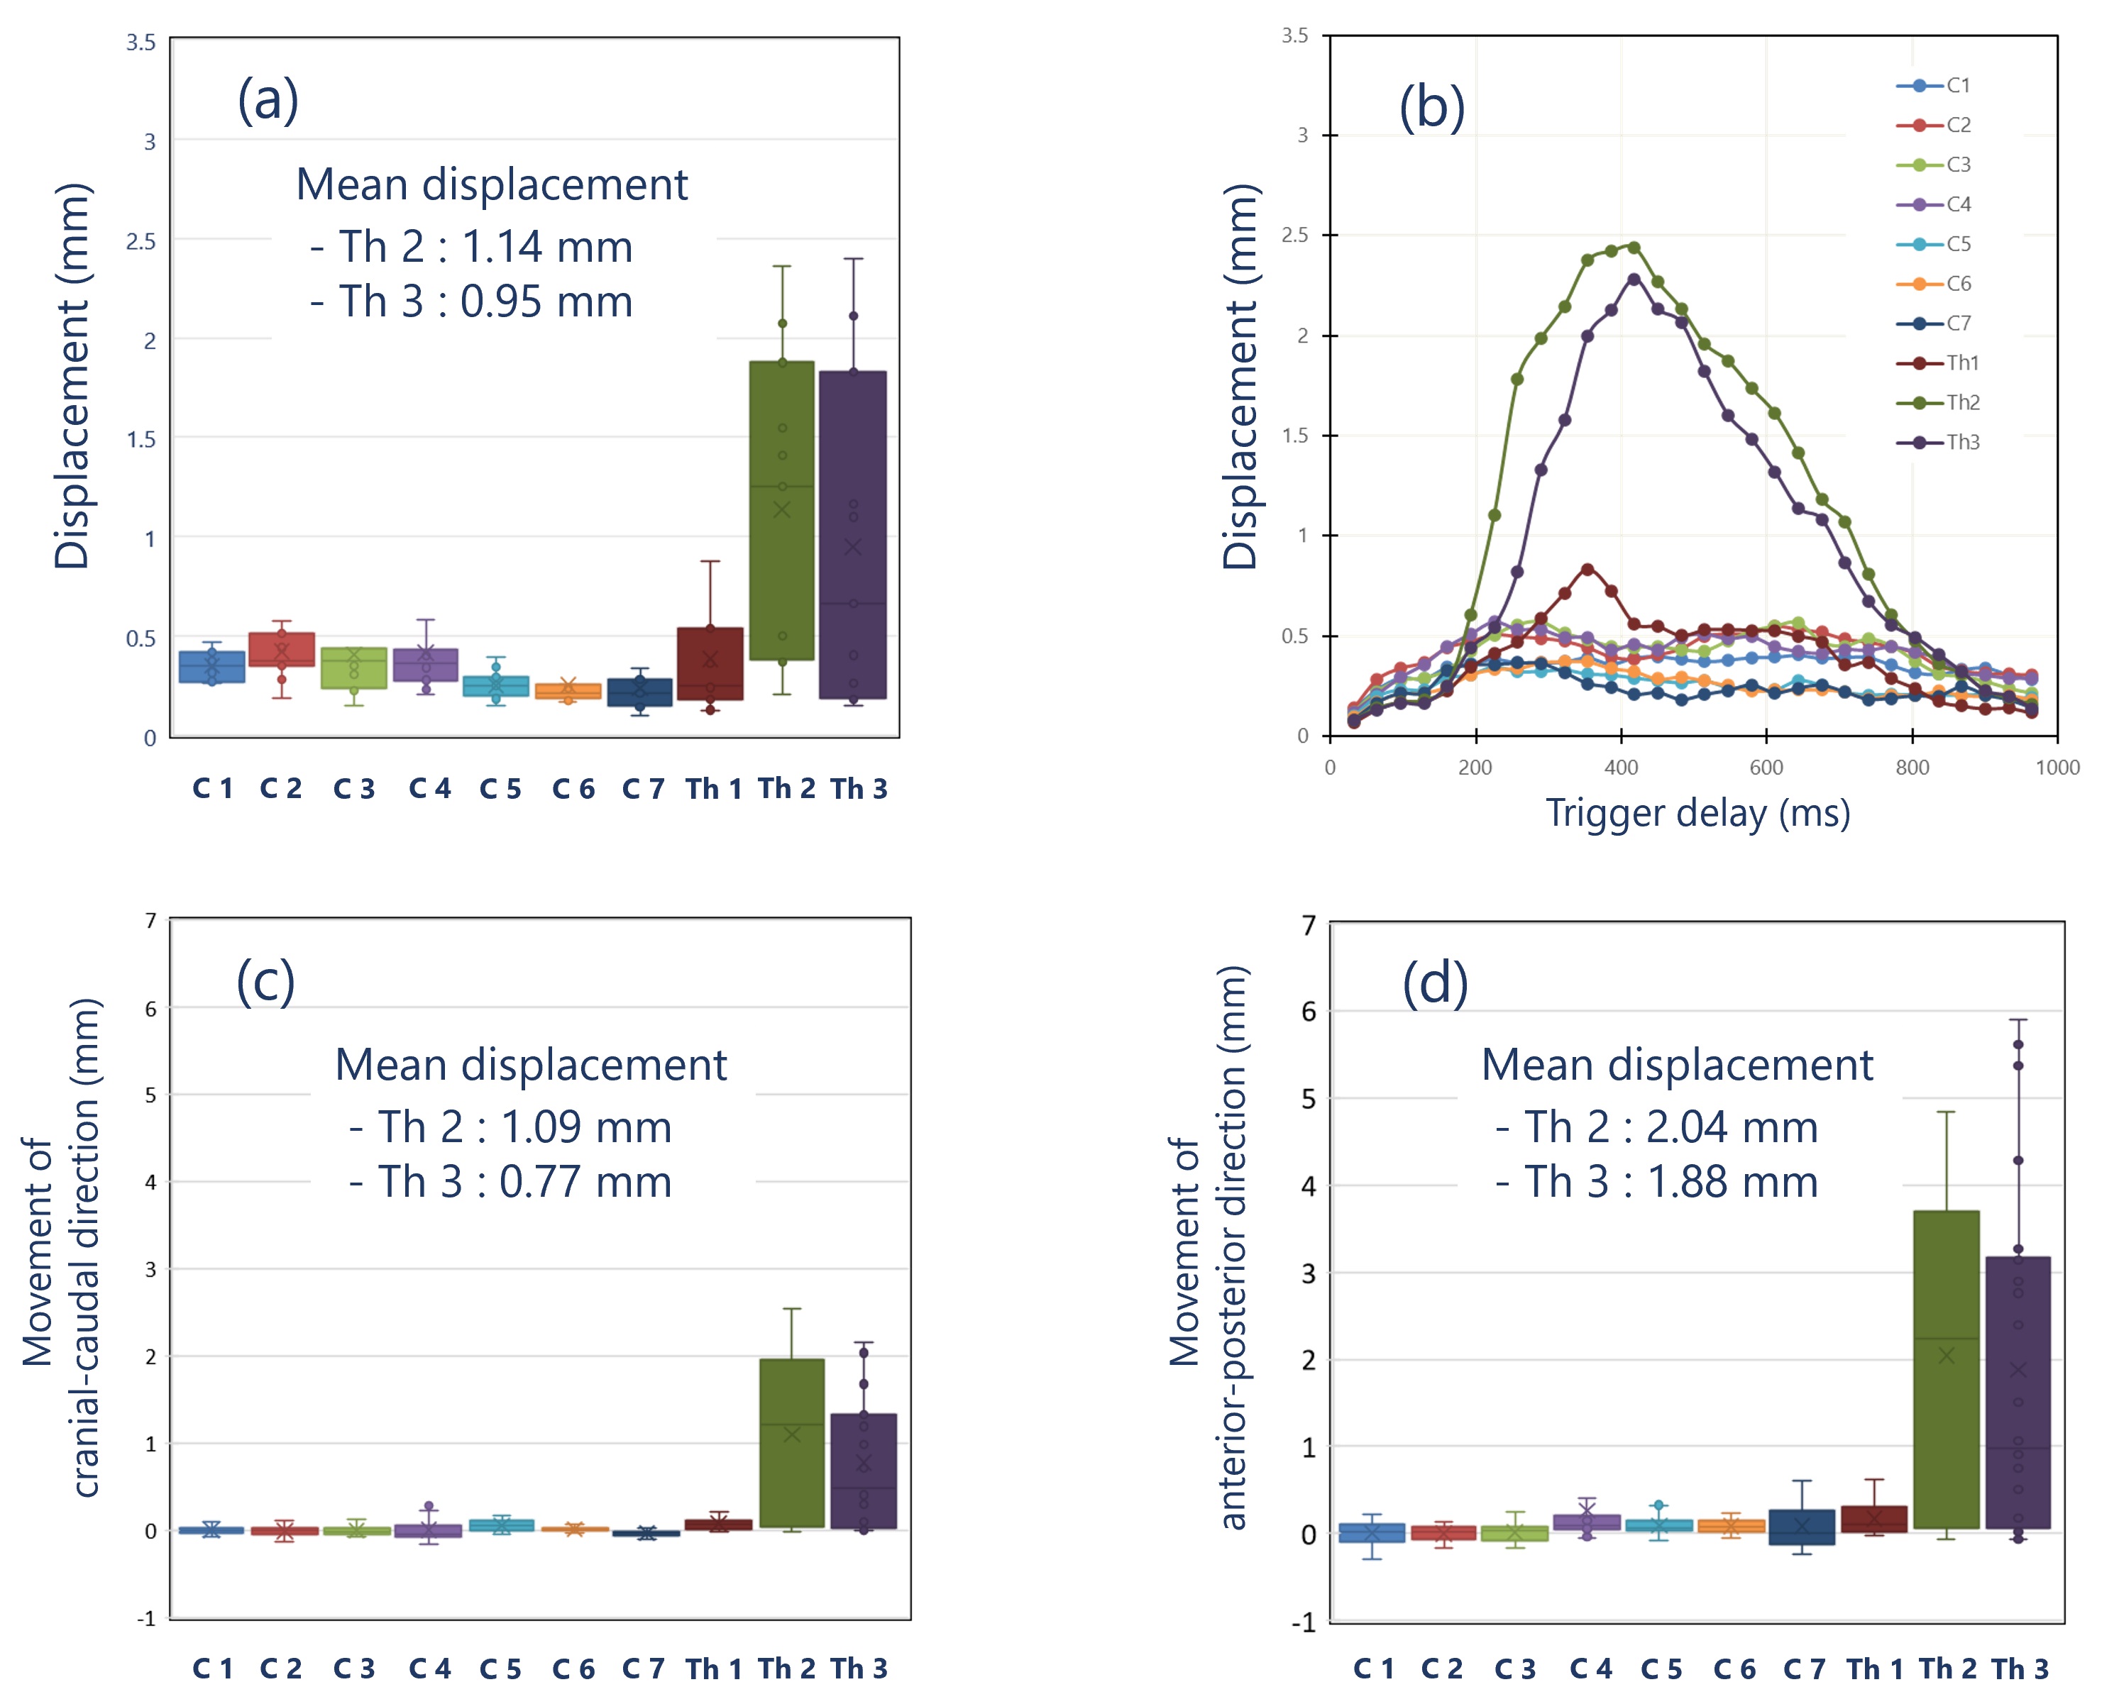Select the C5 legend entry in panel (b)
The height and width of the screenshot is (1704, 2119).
1958,244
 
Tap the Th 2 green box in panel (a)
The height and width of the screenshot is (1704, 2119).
781,510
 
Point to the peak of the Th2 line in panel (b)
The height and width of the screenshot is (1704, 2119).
1634,247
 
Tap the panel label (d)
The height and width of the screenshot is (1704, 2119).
1435,983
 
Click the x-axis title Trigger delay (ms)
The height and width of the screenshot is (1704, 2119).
1697,814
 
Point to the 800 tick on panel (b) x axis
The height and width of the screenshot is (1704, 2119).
1912,768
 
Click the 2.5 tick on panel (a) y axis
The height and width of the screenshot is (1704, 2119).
141,240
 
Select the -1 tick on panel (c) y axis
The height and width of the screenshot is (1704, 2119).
146,1617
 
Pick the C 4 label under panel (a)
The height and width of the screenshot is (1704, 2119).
429,788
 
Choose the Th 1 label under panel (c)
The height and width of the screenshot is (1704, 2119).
713,1669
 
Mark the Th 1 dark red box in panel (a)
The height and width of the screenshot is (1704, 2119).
710,663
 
